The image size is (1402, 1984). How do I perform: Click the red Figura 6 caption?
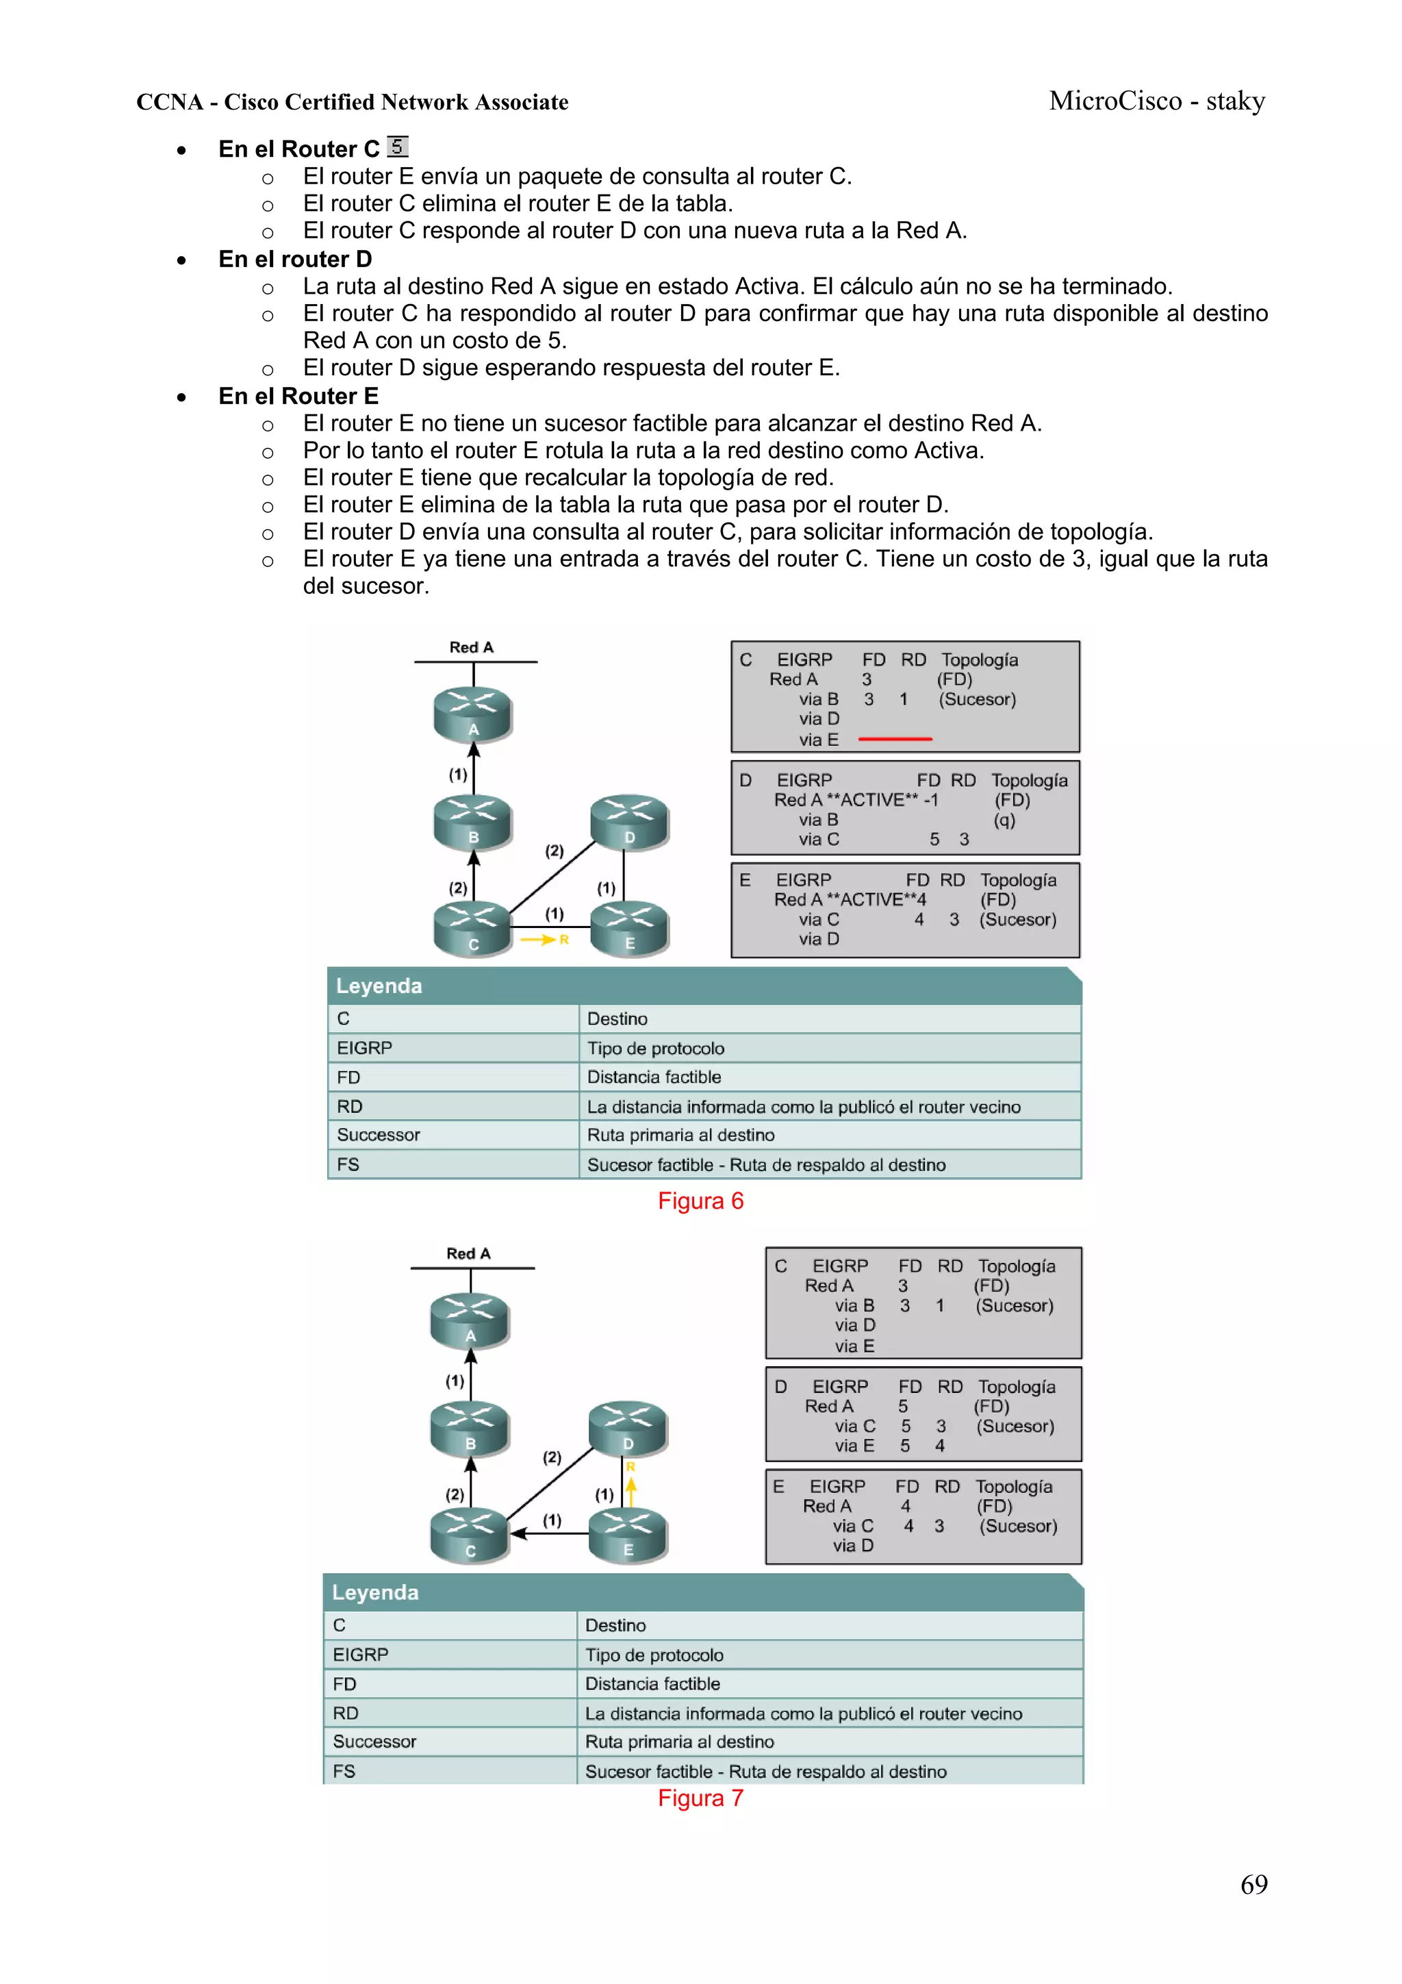700,1201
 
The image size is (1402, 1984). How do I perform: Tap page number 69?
1253,1884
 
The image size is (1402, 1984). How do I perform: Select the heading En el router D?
294,260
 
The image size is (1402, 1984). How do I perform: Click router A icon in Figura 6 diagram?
472,713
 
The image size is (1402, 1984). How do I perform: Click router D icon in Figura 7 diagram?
627,1427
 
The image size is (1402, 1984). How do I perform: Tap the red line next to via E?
894,739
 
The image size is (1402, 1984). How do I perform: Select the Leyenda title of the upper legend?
379,986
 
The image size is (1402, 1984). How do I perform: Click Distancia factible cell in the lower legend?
652,1683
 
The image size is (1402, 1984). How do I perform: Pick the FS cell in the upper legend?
348,1165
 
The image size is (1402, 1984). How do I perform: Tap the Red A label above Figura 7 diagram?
468,1253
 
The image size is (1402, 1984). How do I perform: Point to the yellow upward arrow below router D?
630,1490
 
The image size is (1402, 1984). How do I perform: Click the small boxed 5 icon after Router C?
397,146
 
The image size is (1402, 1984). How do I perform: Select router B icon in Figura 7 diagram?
470,1427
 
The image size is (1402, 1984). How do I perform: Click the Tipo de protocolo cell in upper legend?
656,1048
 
